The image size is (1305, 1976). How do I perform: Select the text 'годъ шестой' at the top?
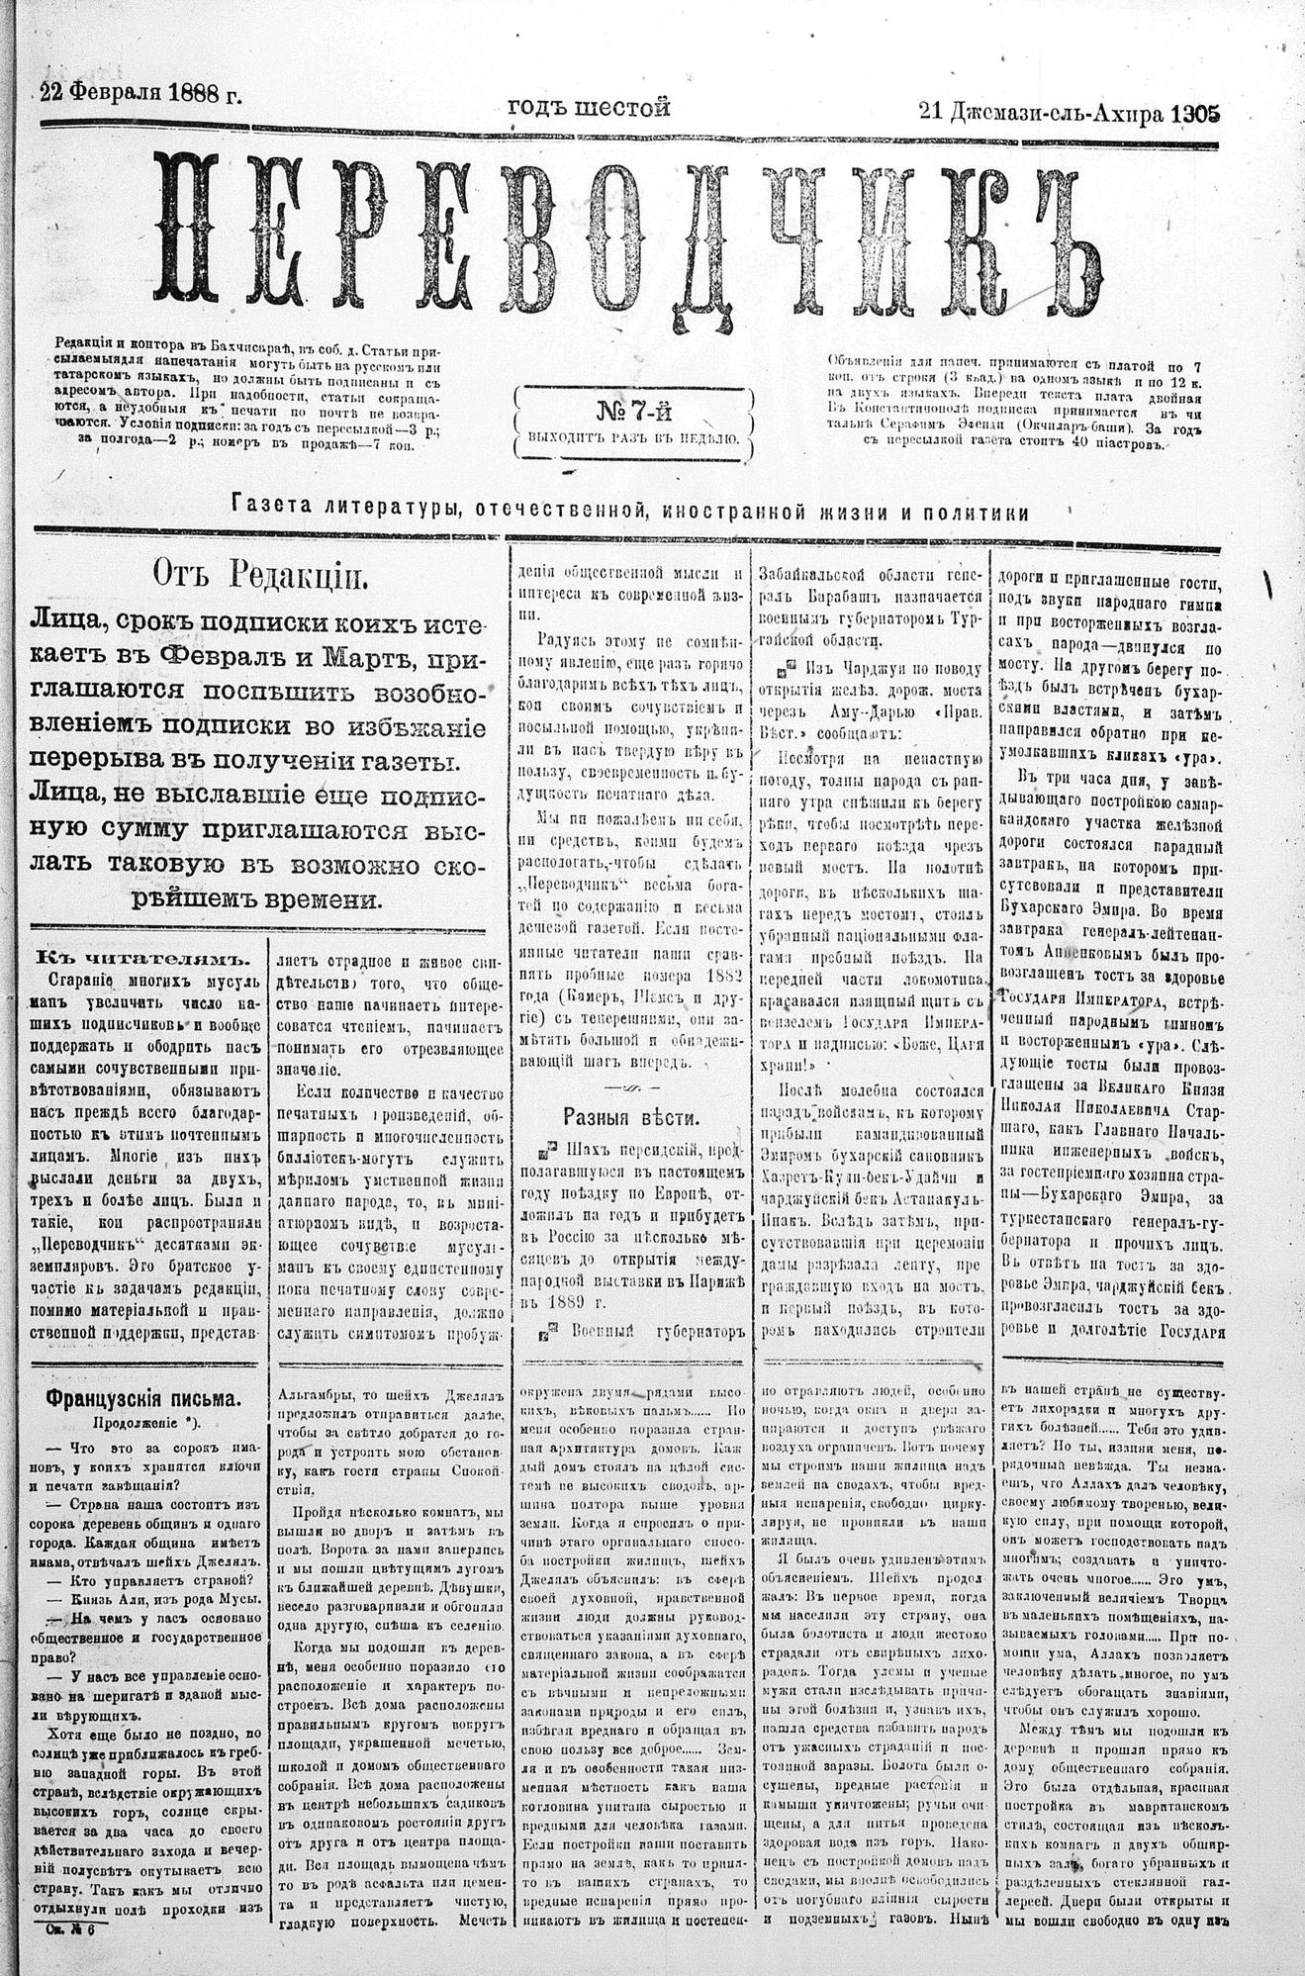tap(589, 106)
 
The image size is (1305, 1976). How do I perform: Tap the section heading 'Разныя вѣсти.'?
tap(631, 1118)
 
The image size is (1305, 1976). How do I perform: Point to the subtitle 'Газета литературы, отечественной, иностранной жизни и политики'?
tap(630, 512)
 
